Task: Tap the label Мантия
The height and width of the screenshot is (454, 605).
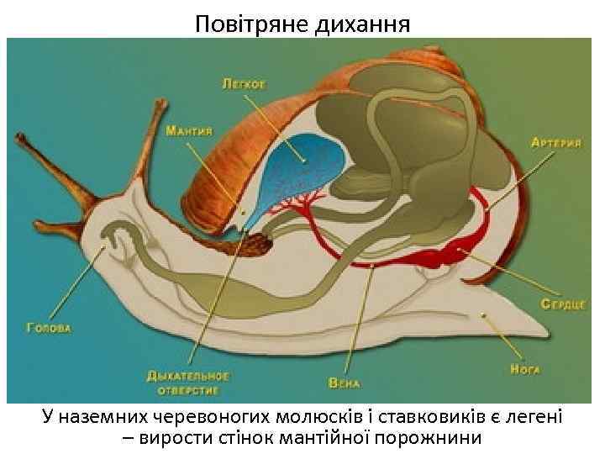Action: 188,131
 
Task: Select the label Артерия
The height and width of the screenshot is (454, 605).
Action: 555,143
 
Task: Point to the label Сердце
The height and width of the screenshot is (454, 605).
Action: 562,304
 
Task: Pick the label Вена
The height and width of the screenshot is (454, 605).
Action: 344,383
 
